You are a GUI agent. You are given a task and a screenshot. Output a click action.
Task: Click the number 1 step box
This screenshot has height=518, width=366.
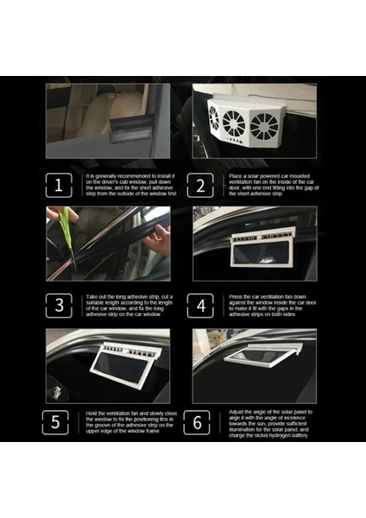pos(59,186)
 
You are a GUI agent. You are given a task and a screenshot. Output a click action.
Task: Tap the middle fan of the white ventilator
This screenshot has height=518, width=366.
pos(234,123)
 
